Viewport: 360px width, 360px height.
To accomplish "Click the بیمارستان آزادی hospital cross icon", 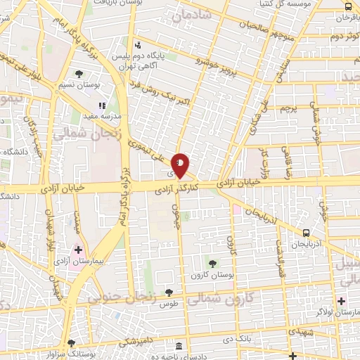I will [79, 249].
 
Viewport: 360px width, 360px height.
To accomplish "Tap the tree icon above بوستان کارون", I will [212, 263].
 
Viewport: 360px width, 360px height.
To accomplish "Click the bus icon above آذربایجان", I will [306, 233].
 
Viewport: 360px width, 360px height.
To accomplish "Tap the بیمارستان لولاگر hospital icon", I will [340, 300].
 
